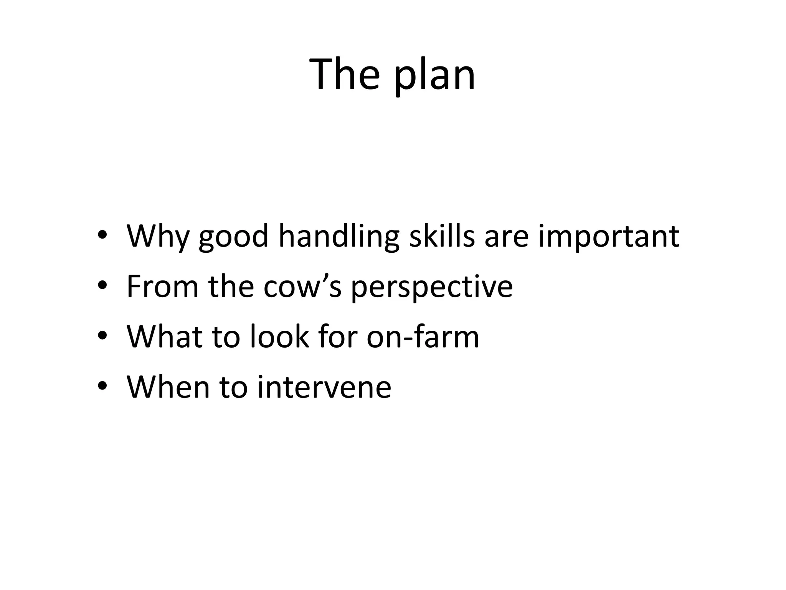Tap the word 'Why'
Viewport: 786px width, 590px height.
click(x=157, y=236)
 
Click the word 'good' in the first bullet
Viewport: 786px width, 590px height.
click(x=233, y=237)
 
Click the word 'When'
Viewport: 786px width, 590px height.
click(x=168, y=386)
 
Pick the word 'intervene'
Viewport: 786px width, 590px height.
click(x=324, y=387)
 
